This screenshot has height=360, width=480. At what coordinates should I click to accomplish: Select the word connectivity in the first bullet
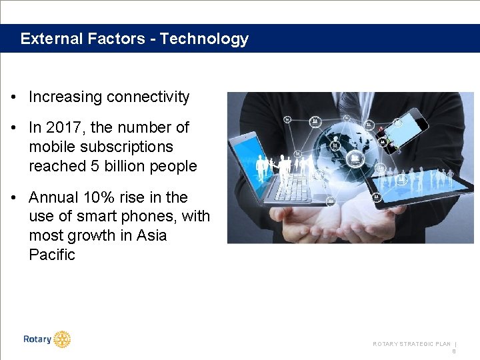coord(148,97)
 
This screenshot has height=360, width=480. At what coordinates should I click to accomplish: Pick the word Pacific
coord(52,255)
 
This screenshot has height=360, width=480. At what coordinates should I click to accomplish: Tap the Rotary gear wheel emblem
coord(62,339)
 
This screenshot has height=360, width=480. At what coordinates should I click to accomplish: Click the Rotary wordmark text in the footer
coord(37,339)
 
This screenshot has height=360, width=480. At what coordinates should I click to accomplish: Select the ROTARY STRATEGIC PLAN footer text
coord(411,344)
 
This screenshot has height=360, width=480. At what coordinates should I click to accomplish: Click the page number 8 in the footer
coord(454,351)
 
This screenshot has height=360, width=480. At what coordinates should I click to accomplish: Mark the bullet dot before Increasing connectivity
coord(14,97)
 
